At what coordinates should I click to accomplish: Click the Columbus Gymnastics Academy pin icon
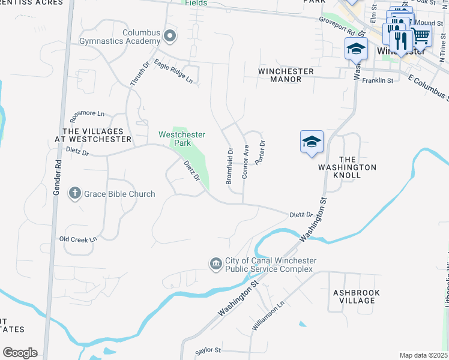(170, 37)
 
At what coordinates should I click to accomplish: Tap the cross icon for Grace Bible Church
(75, 194)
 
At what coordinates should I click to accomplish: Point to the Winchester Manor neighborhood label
(286, 74)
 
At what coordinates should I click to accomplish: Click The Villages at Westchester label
(97, 134)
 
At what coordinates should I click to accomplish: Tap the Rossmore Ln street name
(87, 113)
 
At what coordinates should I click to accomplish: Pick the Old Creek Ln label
(78, 239)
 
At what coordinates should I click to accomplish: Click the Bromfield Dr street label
(229, 166)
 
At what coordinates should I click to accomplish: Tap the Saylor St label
(208, 350)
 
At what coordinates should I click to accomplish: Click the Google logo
(20, 353)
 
